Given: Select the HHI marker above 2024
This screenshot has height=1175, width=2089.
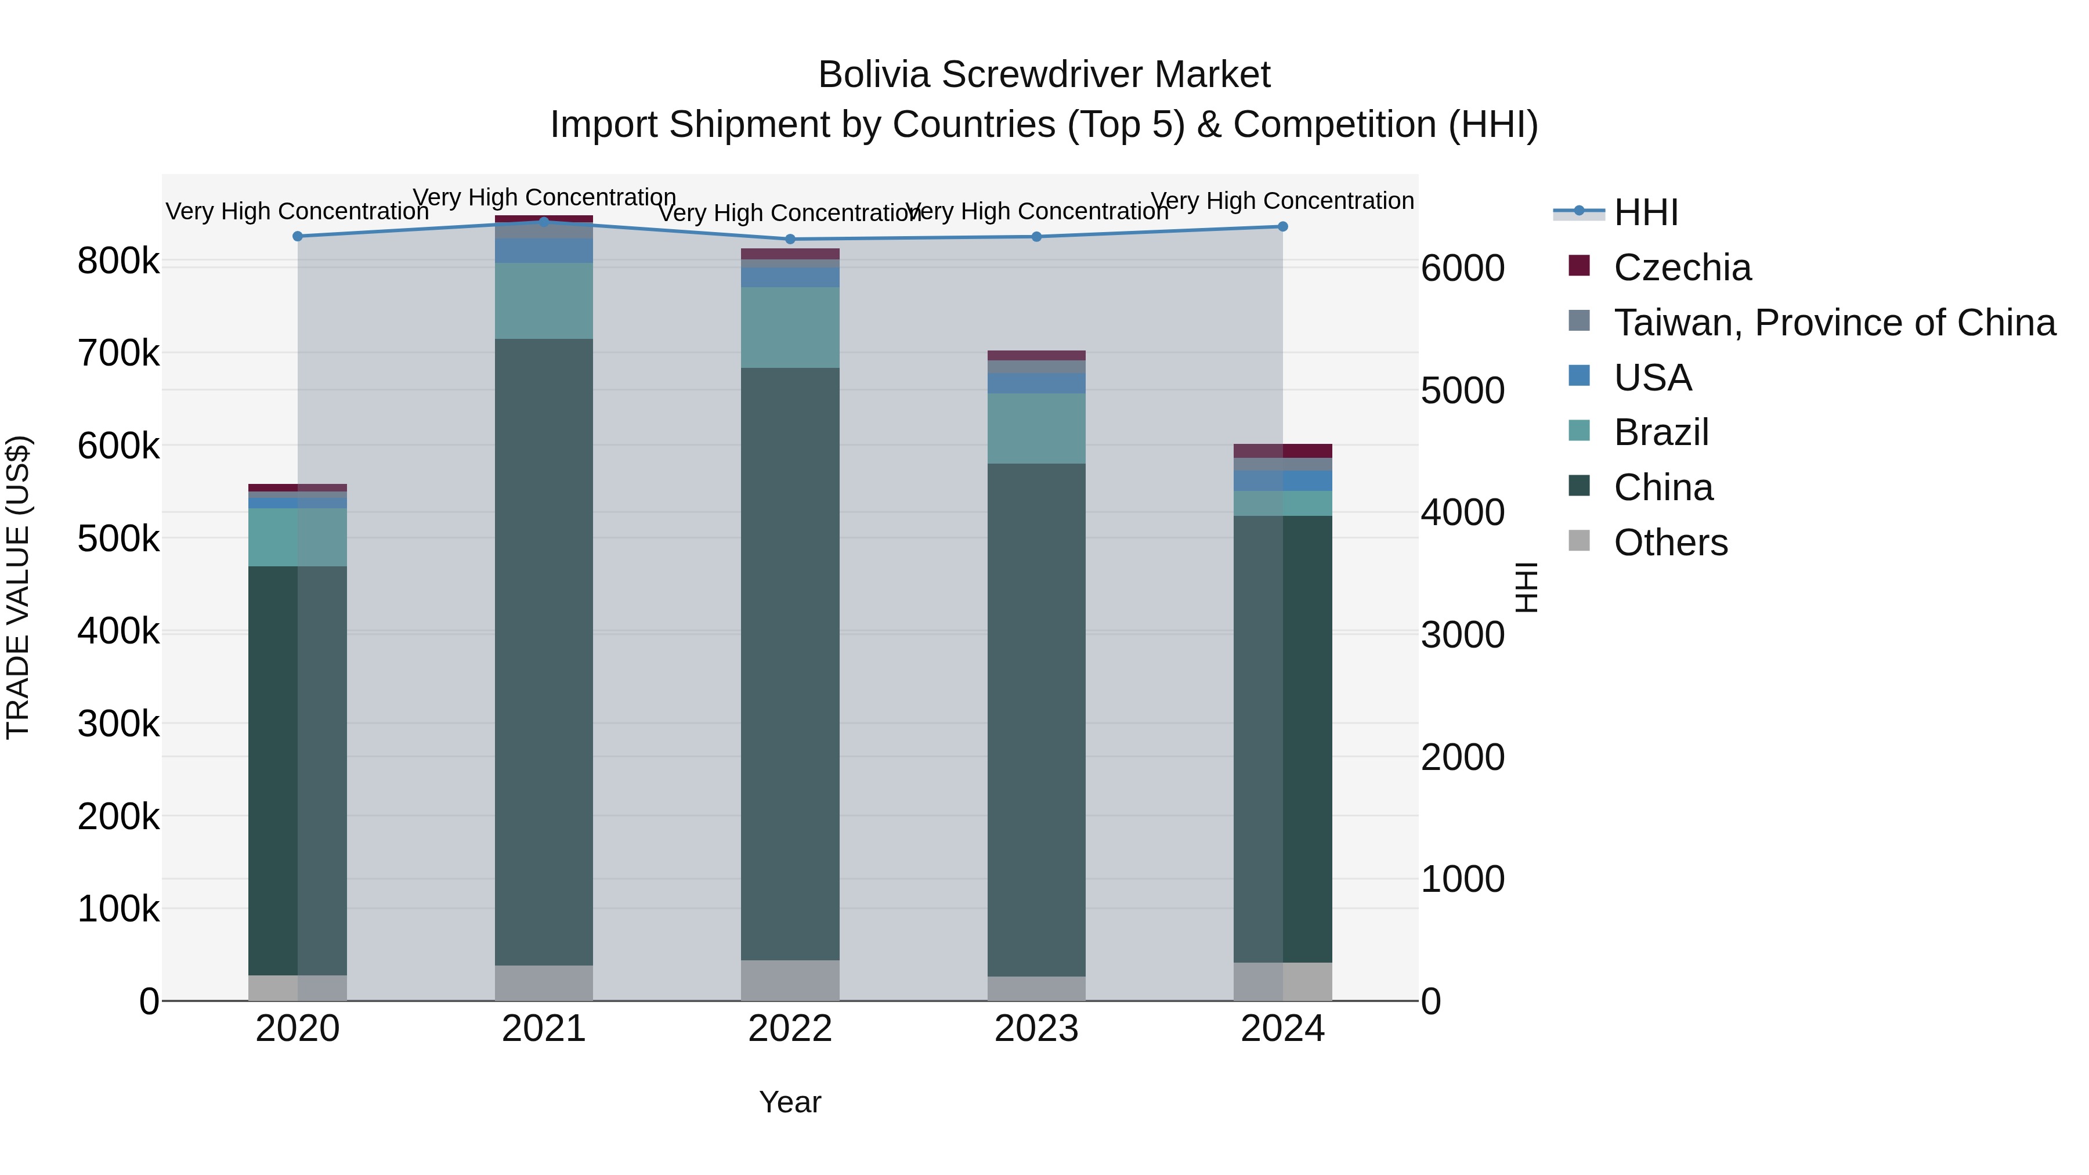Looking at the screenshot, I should [x=1282, y=226].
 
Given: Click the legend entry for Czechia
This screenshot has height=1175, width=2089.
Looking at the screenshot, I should [x=1681, y=267].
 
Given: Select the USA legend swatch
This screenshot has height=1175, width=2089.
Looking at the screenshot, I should [x=1579, y=376].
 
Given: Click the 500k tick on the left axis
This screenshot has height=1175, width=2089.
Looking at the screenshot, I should [x=118, y=538].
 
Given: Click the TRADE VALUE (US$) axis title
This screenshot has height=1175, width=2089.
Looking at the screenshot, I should [x=19, y=587].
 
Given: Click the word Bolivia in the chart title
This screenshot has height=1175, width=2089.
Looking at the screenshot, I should [x=873, y=75].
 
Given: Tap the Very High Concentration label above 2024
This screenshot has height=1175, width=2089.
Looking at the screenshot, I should [x=1282, y=200].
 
